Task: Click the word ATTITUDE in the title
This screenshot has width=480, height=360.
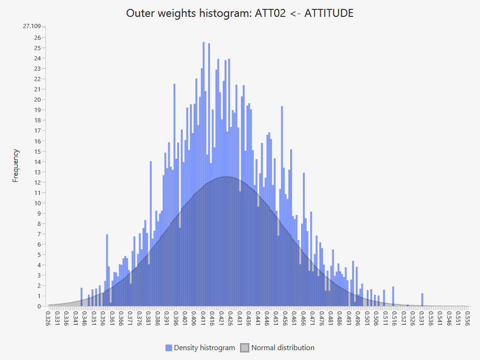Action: pyautogui.click(x=329, y=13)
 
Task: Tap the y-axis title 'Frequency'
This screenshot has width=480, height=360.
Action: pyautogui.click(x=16, y=165)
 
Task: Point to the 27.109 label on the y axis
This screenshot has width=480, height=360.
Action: pyautogui.click(x=32, y=26)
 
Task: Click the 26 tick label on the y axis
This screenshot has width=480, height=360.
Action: pyautogui.click(x=37, y=37)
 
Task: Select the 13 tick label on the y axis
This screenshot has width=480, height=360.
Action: pyautogui.click(x=37, y=172)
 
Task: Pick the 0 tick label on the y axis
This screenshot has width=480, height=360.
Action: pyautogui.click(x=39, y=307)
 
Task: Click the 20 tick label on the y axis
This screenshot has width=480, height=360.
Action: pyautogui.click(x=37, y=99)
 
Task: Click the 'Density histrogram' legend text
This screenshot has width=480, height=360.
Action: pyautogui.click(x=204, y=348)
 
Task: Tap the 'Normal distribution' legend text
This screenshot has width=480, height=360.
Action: pyautogui.click(x=283, y=348)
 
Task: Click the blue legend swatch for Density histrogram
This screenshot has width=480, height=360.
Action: pyautogui.click(x=169, y=348)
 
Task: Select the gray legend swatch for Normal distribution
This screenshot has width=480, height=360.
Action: pyautogui.click(x=245, y=348)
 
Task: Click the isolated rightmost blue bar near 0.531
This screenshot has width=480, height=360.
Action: pyautogui.click(x=422, y=300)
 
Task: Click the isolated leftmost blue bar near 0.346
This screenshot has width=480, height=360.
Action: pyautogui.click(x=82, y=297)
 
